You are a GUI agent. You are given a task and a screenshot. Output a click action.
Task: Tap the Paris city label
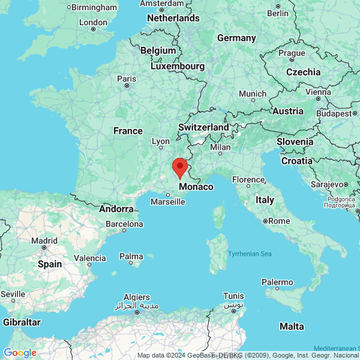(x=127, y=79)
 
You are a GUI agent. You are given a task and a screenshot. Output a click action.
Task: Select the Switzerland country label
(x=203, y=127)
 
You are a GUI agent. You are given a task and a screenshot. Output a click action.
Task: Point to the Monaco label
(x=196, y=187)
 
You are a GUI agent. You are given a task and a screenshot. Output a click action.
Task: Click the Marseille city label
(x=168, y=202)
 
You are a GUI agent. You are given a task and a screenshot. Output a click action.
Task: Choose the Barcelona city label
(x=124, y=224)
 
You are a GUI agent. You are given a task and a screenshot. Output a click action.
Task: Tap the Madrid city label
(x=44, y=240)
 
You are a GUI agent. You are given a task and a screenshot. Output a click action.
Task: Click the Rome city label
(x=278, y=221)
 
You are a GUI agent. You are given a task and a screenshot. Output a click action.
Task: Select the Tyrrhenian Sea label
(x=250, y=254)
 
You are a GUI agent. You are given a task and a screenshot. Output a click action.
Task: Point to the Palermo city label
(x=277, y=282)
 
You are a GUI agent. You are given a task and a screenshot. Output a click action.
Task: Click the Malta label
(x=292, y=326)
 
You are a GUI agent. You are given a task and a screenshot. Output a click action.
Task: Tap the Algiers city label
(x=136, y=297)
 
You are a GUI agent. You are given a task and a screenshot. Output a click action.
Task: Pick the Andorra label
(x=116, y=209)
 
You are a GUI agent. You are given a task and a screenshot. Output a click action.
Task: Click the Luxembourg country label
(x=178, y=66)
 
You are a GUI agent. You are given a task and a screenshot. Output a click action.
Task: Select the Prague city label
(x=292, y=53)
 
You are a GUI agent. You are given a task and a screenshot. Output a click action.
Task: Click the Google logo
(x=20, y=353)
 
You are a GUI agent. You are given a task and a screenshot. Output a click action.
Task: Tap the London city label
(x=93, y=23)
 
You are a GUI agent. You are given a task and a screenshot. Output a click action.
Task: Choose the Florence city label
(x=248, y=179)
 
